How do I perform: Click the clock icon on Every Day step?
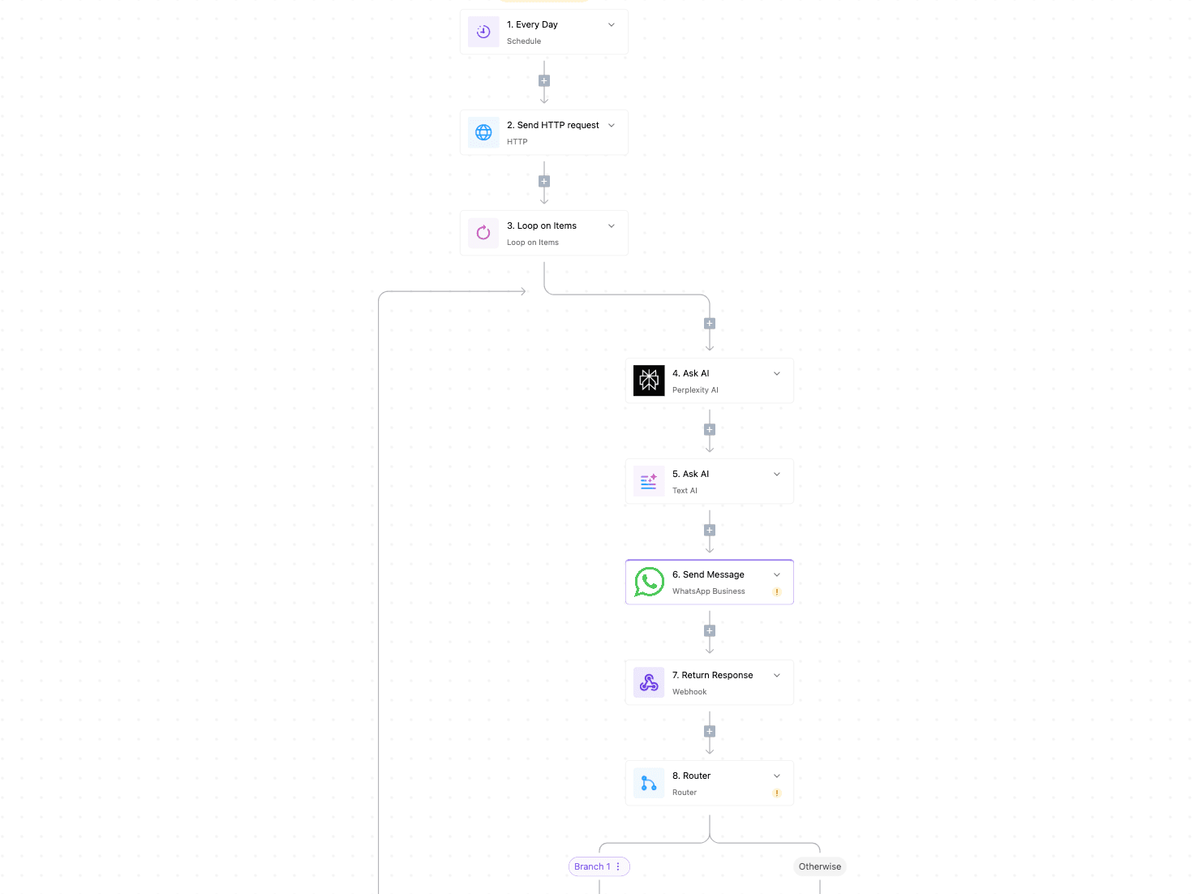click(x=483, y=32)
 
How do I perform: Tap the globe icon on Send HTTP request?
click(x=483, y=132)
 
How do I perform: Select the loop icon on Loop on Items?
click(x=483, y=233)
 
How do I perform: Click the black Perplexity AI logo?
click(x=649, y=380)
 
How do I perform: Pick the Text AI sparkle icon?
click(x=649, y=481)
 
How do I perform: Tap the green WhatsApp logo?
click(x=649, y=582)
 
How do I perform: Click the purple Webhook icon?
click(x=649, y=682)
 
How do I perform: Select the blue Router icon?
click(x=649, y=783)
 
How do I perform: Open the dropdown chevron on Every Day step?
click(x=611, y=25)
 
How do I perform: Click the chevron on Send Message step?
click(x=776, y=574)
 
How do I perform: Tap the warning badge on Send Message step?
click(x=776, y=591)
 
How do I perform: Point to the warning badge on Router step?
click(x=776, y=793)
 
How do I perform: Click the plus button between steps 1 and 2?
click(x=544, y=81)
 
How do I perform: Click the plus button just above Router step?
click(x=710, y=732)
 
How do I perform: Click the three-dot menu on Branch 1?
click(x=618, y=866)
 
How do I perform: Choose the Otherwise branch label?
click(x=819, y=866)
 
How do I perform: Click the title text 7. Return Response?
click(x=712, y=675)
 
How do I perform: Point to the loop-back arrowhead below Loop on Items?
click(x=523, y=291)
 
